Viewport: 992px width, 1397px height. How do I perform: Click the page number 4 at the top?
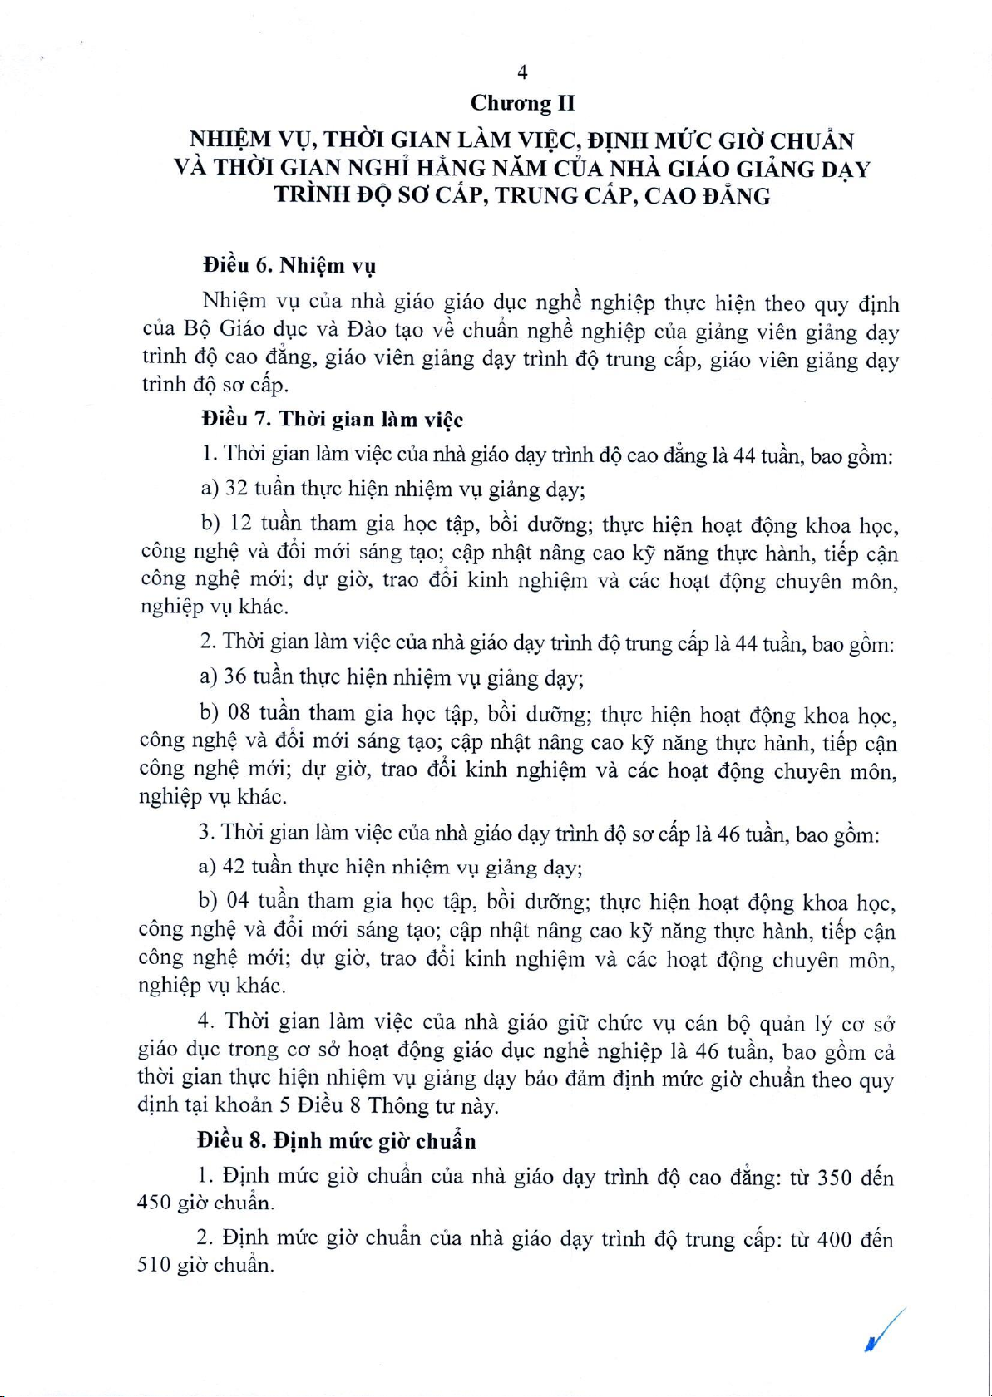(x=522, y=72)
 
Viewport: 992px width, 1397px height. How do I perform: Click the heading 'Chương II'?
(x=522, y=103)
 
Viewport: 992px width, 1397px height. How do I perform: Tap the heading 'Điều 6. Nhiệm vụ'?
(x=289, y=266)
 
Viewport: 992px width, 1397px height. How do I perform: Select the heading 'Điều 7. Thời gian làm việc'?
(x=332, y=420)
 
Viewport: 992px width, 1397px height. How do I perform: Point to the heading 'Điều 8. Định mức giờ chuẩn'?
(x=336, y=1140)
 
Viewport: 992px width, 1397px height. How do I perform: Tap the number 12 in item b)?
(x=240, y=524)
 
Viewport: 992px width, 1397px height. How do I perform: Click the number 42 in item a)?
(x=234, y=867)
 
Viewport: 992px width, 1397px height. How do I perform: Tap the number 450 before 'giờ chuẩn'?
(x=154, y=1203)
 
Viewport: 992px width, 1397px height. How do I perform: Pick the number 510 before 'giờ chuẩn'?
(x=154, y=1266)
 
